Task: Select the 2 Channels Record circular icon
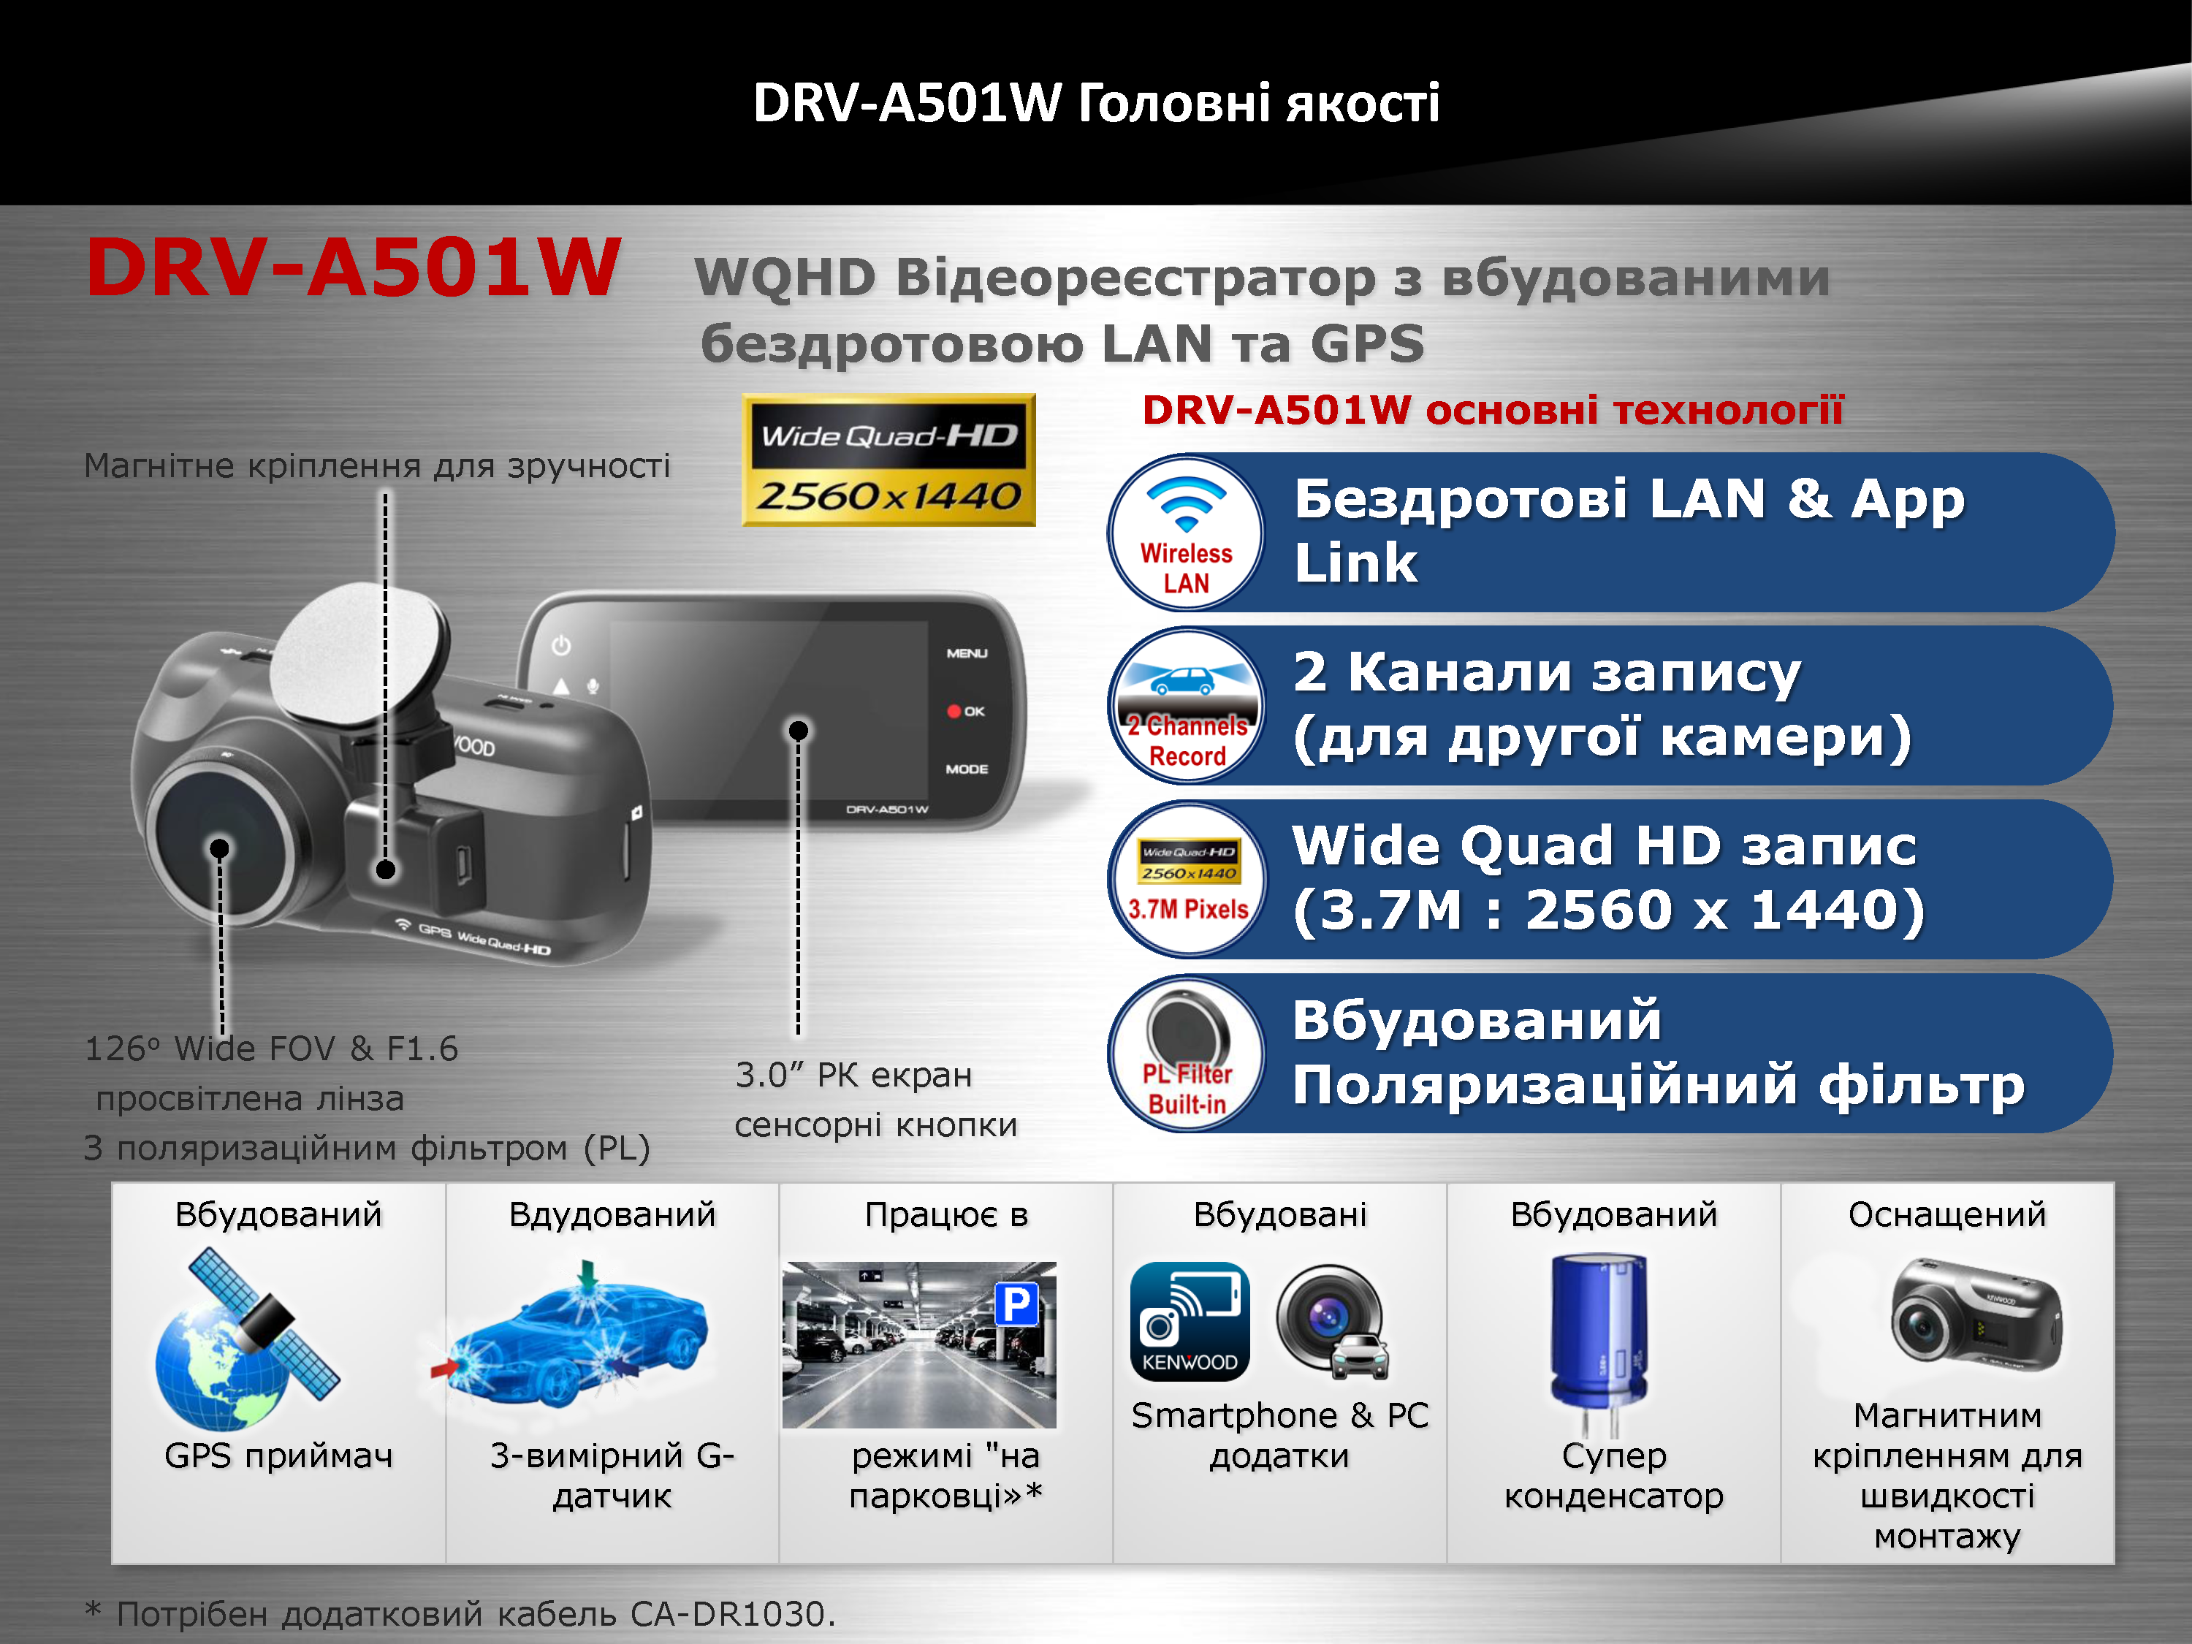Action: (x=1185, y=706)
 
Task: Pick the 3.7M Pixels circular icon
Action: (x=1185, y=879)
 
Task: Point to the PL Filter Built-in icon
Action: (x=1185, y=1054)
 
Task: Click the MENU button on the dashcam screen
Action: (x=966, y=653)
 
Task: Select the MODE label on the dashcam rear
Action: (x=966, y=769)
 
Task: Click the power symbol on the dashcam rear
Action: (x=561, y=645)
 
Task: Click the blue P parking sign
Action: (x=1016, y=1303)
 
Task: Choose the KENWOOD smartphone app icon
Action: (x=1189, y=1321)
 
